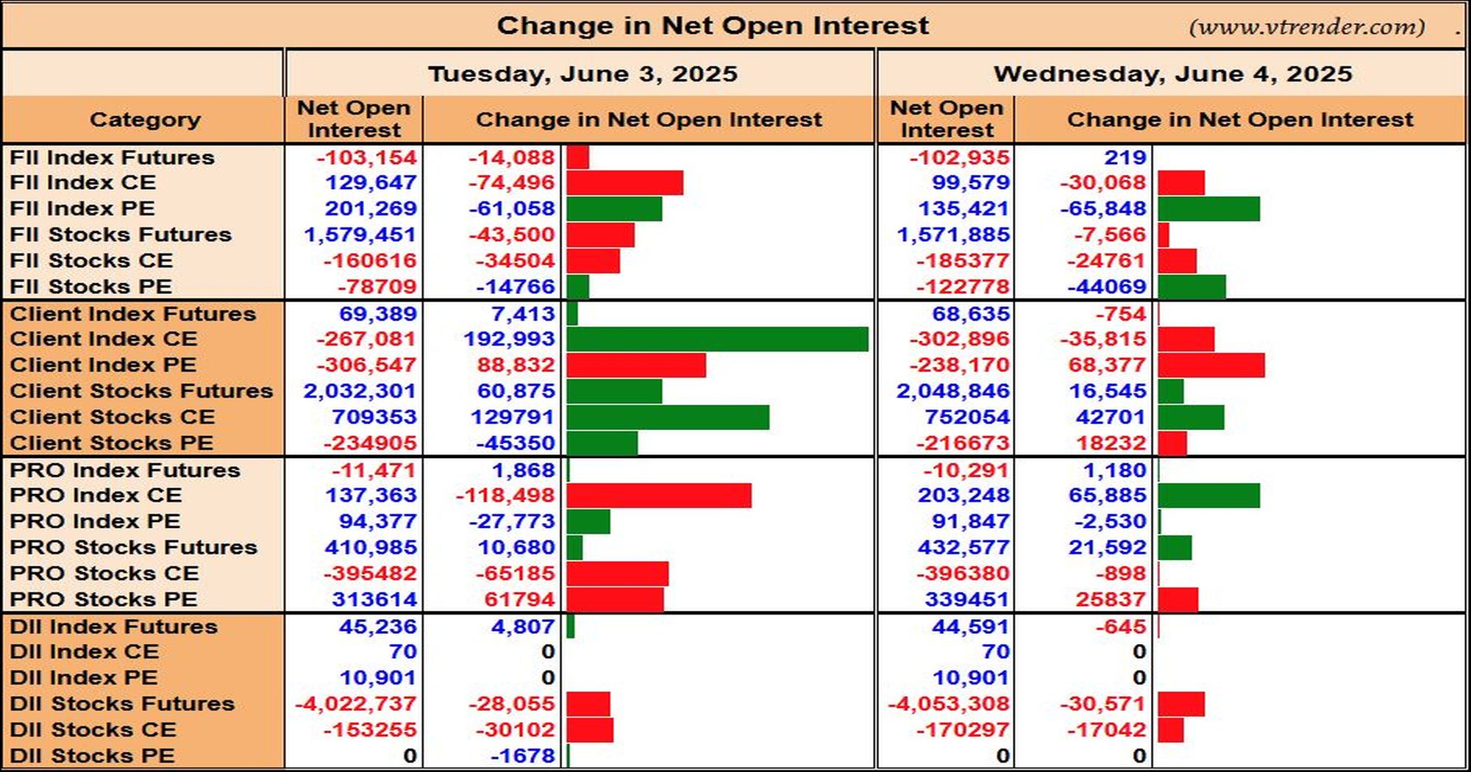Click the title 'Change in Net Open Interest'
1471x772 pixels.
point(713,26)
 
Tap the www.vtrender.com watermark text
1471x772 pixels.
point(1307,27)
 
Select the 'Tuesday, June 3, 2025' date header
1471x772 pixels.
point(583,74)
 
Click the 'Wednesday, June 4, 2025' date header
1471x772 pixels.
point(1173,74)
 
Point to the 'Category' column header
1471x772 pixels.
point(145,119)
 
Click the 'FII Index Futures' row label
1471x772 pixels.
point(112,157)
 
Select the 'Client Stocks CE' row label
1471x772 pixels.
point(112,417)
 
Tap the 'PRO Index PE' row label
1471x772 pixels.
point(95,521)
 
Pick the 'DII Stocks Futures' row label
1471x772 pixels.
point(122,704)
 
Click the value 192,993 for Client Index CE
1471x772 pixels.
point(509,339)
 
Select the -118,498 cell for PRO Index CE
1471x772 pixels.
point(505,496)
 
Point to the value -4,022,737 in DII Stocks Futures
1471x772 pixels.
point(356,704)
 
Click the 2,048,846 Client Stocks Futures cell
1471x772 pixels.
point(953,391)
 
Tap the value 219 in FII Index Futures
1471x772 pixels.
point(1125,157)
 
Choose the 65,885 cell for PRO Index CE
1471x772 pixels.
point(1108,496)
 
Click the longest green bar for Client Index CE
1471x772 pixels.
point(717,340)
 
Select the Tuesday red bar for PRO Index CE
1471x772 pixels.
point(659,496)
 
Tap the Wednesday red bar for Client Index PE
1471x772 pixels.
point(1211,365)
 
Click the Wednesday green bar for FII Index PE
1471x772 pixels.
point(1208,209)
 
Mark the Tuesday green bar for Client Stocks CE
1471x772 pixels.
point(668,418)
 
